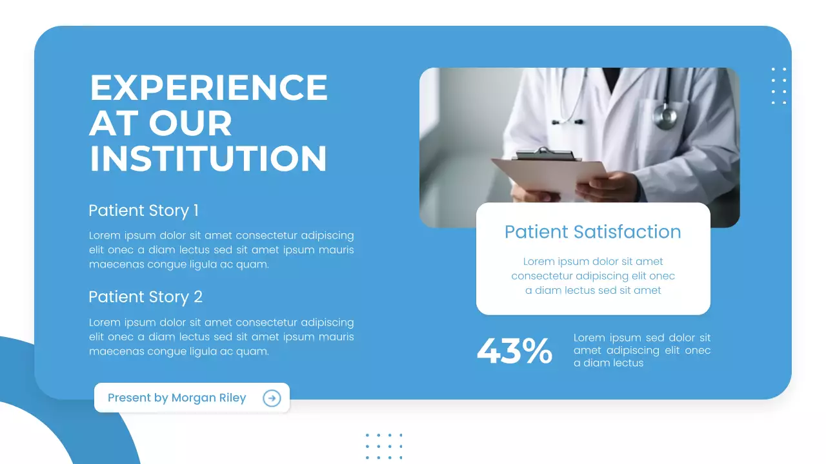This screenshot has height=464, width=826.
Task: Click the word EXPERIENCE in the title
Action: click(x=208, y=88)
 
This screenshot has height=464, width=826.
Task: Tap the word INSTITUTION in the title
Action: click(x=208, y=159)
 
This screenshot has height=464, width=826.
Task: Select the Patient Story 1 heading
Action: click(x=143, y=211)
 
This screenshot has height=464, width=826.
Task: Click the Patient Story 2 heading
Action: click(x=145, y=297)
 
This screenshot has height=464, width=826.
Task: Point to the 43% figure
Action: click(x=514, y=351)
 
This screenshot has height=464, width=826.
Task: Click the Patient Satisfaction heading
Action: click(x=592, y=232)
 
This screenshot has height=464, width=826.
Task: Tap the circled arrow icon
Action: click(x=272, y=398)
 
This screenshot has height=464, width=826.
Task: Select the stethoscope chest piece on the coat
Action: click(x=665, y=117)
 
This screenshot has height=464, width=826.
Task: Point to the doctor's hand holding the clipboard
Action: click(x=603, y=187)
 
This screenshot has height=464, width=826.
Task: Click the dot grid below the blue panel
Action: click(x=384, y=446)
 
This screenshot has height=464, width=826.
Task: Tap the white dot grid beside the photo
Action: click(x=779, y=86)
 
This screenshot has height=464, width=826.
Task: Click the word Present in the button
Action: click(x=129, y=398)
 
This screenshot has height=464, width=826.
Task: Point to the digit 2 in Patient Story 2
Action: click(x=198, y=297)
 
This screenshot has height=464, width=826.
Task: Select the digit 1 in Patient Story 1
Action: click(x=196, y=211)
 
